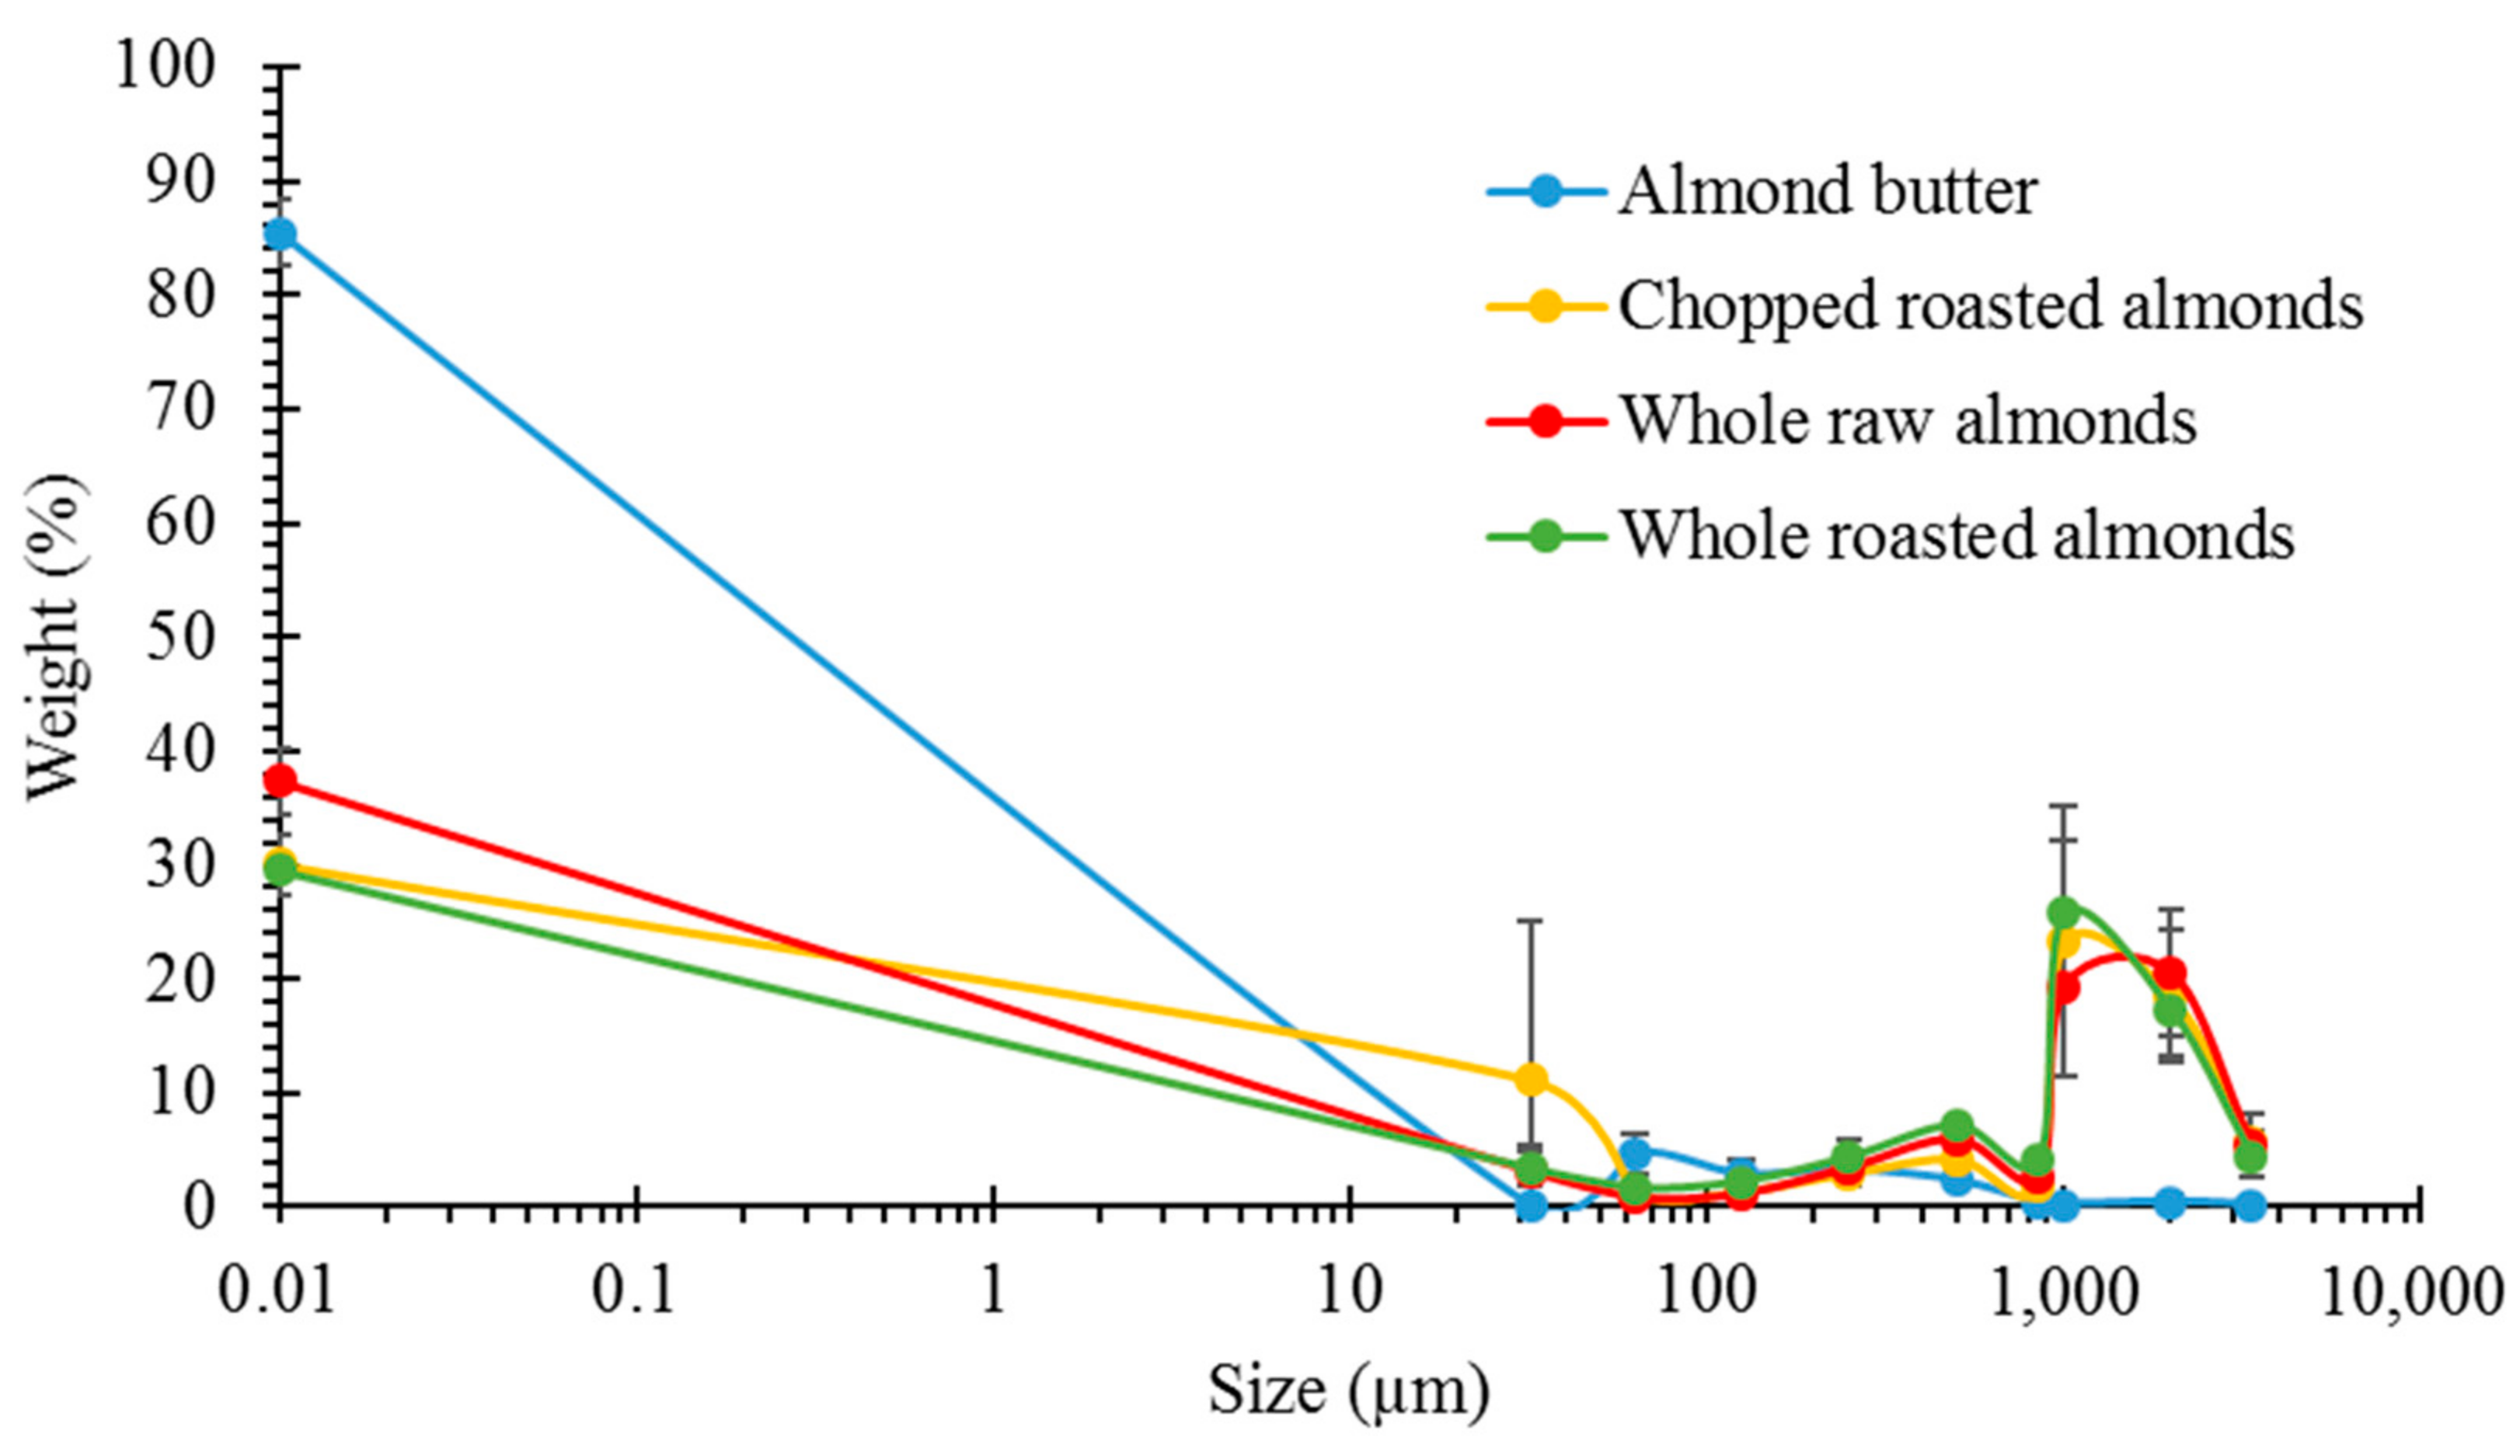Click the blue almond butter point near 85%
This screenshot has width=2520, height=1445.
pyautogui.click(x=280, y=235)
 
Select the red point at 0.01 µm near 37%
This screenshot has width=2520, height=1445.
pyautogui.click(x=280, y=780)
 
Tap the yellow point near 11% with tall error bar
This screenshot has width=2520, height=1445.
pyautogui.click(x=1532, y=1079)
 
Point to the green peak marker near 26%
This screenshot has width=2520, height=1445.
pyautogui.click(x=2063, y=911)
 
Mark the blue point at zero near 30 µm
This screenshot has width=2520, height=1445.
pyautogui.click(x=1532, y=1206)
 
